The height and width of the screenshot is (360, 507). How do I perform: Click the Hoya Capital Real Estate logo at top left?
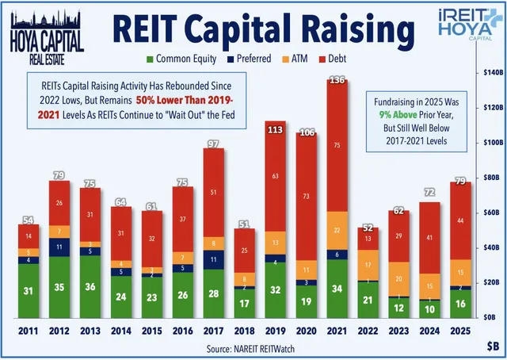click(46, 30)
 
